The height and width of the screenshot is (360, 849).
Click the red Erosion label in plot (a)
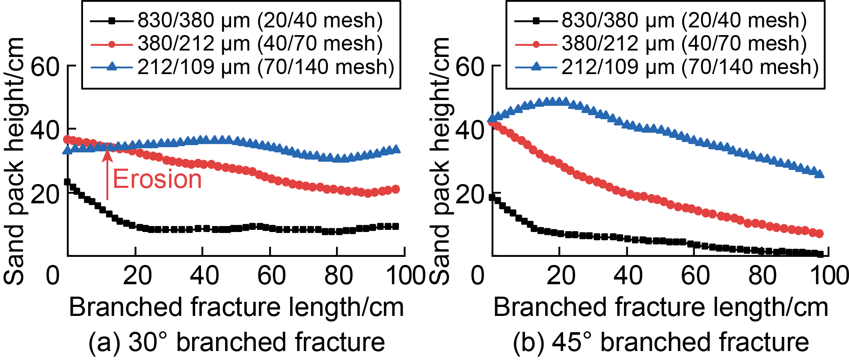click(157, 179)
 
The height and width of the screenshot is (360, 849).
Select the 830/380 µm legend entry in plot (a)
click(237, 20)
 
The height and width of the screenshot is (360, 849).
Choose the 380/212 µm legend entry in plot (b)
click(661, 44)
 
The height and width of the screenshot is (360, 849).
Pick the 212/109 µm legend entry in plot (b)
click(667, 67)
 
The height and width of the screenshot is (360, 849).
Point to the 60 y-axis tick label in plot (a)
click(45, 67)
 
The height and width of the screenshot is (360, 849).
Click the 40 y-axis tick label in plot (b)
click(469, 130)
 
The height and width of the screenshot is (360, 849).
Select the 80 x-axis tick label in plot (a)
click(338, 275)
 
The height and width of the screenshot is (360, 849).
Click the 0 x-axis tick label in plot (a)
click(53, 275)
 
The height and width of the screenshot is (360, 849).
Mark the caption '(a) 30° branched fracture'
click(237, 342)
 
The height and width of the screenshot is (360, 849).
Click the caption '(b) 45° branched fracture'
click(661, 342)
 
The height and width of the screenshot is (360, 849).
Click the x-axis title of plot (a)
click(237, 307)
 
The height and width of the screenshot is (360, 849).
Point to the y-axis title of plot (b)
click(439, 161)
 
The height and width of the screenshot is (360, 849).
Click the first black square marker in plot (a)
click(67, 182)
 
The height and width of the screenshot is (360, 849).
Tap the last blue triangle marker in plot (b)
click(819, 173)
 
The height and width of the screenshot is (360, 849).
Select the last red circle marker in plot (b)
click(819, 234)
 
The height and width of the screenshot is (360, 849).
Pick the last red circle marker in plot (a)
click(396, 189)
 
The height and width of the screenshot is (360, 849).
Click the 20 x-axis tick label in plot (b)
click(561, 275)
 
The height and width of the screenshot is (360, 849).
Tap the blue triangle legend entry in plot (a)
click(242, 67)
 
